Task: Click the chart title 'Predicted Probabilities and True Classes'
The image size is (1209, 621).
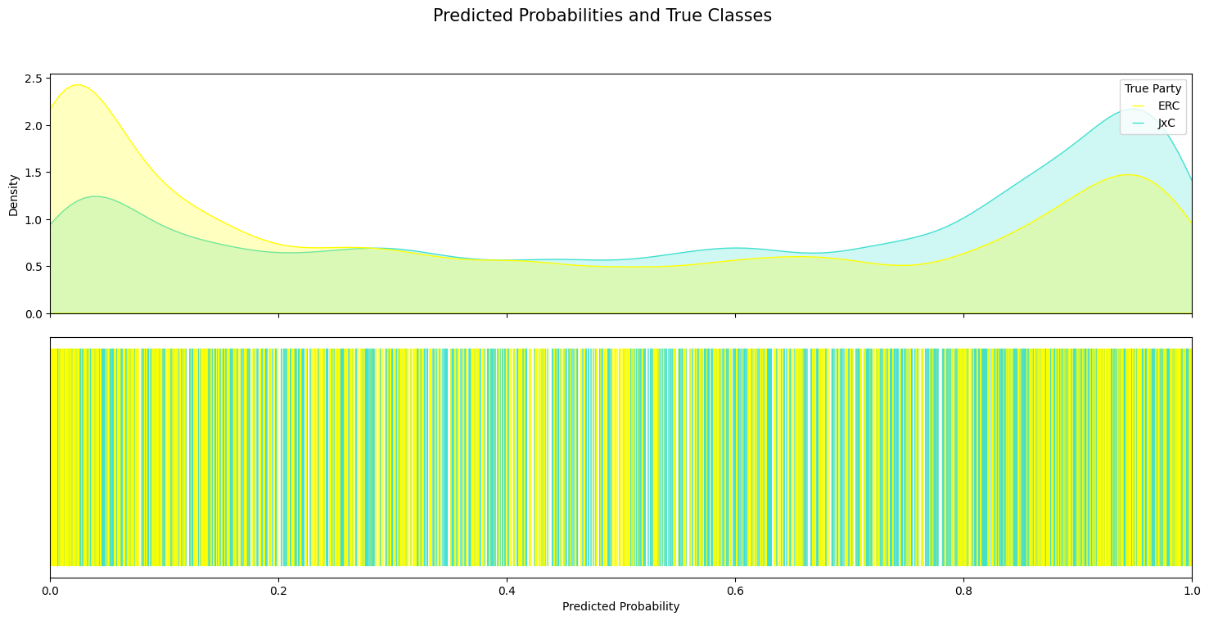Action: point(602,16)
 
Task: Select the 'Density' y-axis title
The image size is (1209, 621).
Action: point(13,194)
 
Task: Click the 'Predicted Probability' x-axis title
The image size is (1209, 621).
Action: point(620,607)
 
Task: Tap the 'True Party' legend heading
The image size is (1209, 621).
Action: point(1153,89)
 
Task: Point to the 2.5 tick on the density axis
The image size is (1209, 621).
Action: point(34,79)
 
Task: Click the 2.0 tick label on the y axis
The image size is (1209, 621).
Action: point(34,126)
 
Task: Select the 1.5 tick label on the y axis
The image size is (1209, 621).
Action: point(34,173)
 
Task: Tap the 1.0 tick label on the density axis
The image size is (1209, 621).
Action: point(34,220)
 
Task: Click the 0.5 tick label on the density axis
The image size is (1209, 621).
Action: point(34,267)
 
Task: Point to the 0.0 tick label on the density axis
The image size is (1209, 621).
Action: point(34,314)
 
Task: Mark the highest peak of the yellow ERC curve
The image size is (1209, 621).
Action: point(77,85)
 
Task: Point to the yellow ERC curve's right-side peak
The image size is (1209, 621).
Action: point(1128,174)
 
